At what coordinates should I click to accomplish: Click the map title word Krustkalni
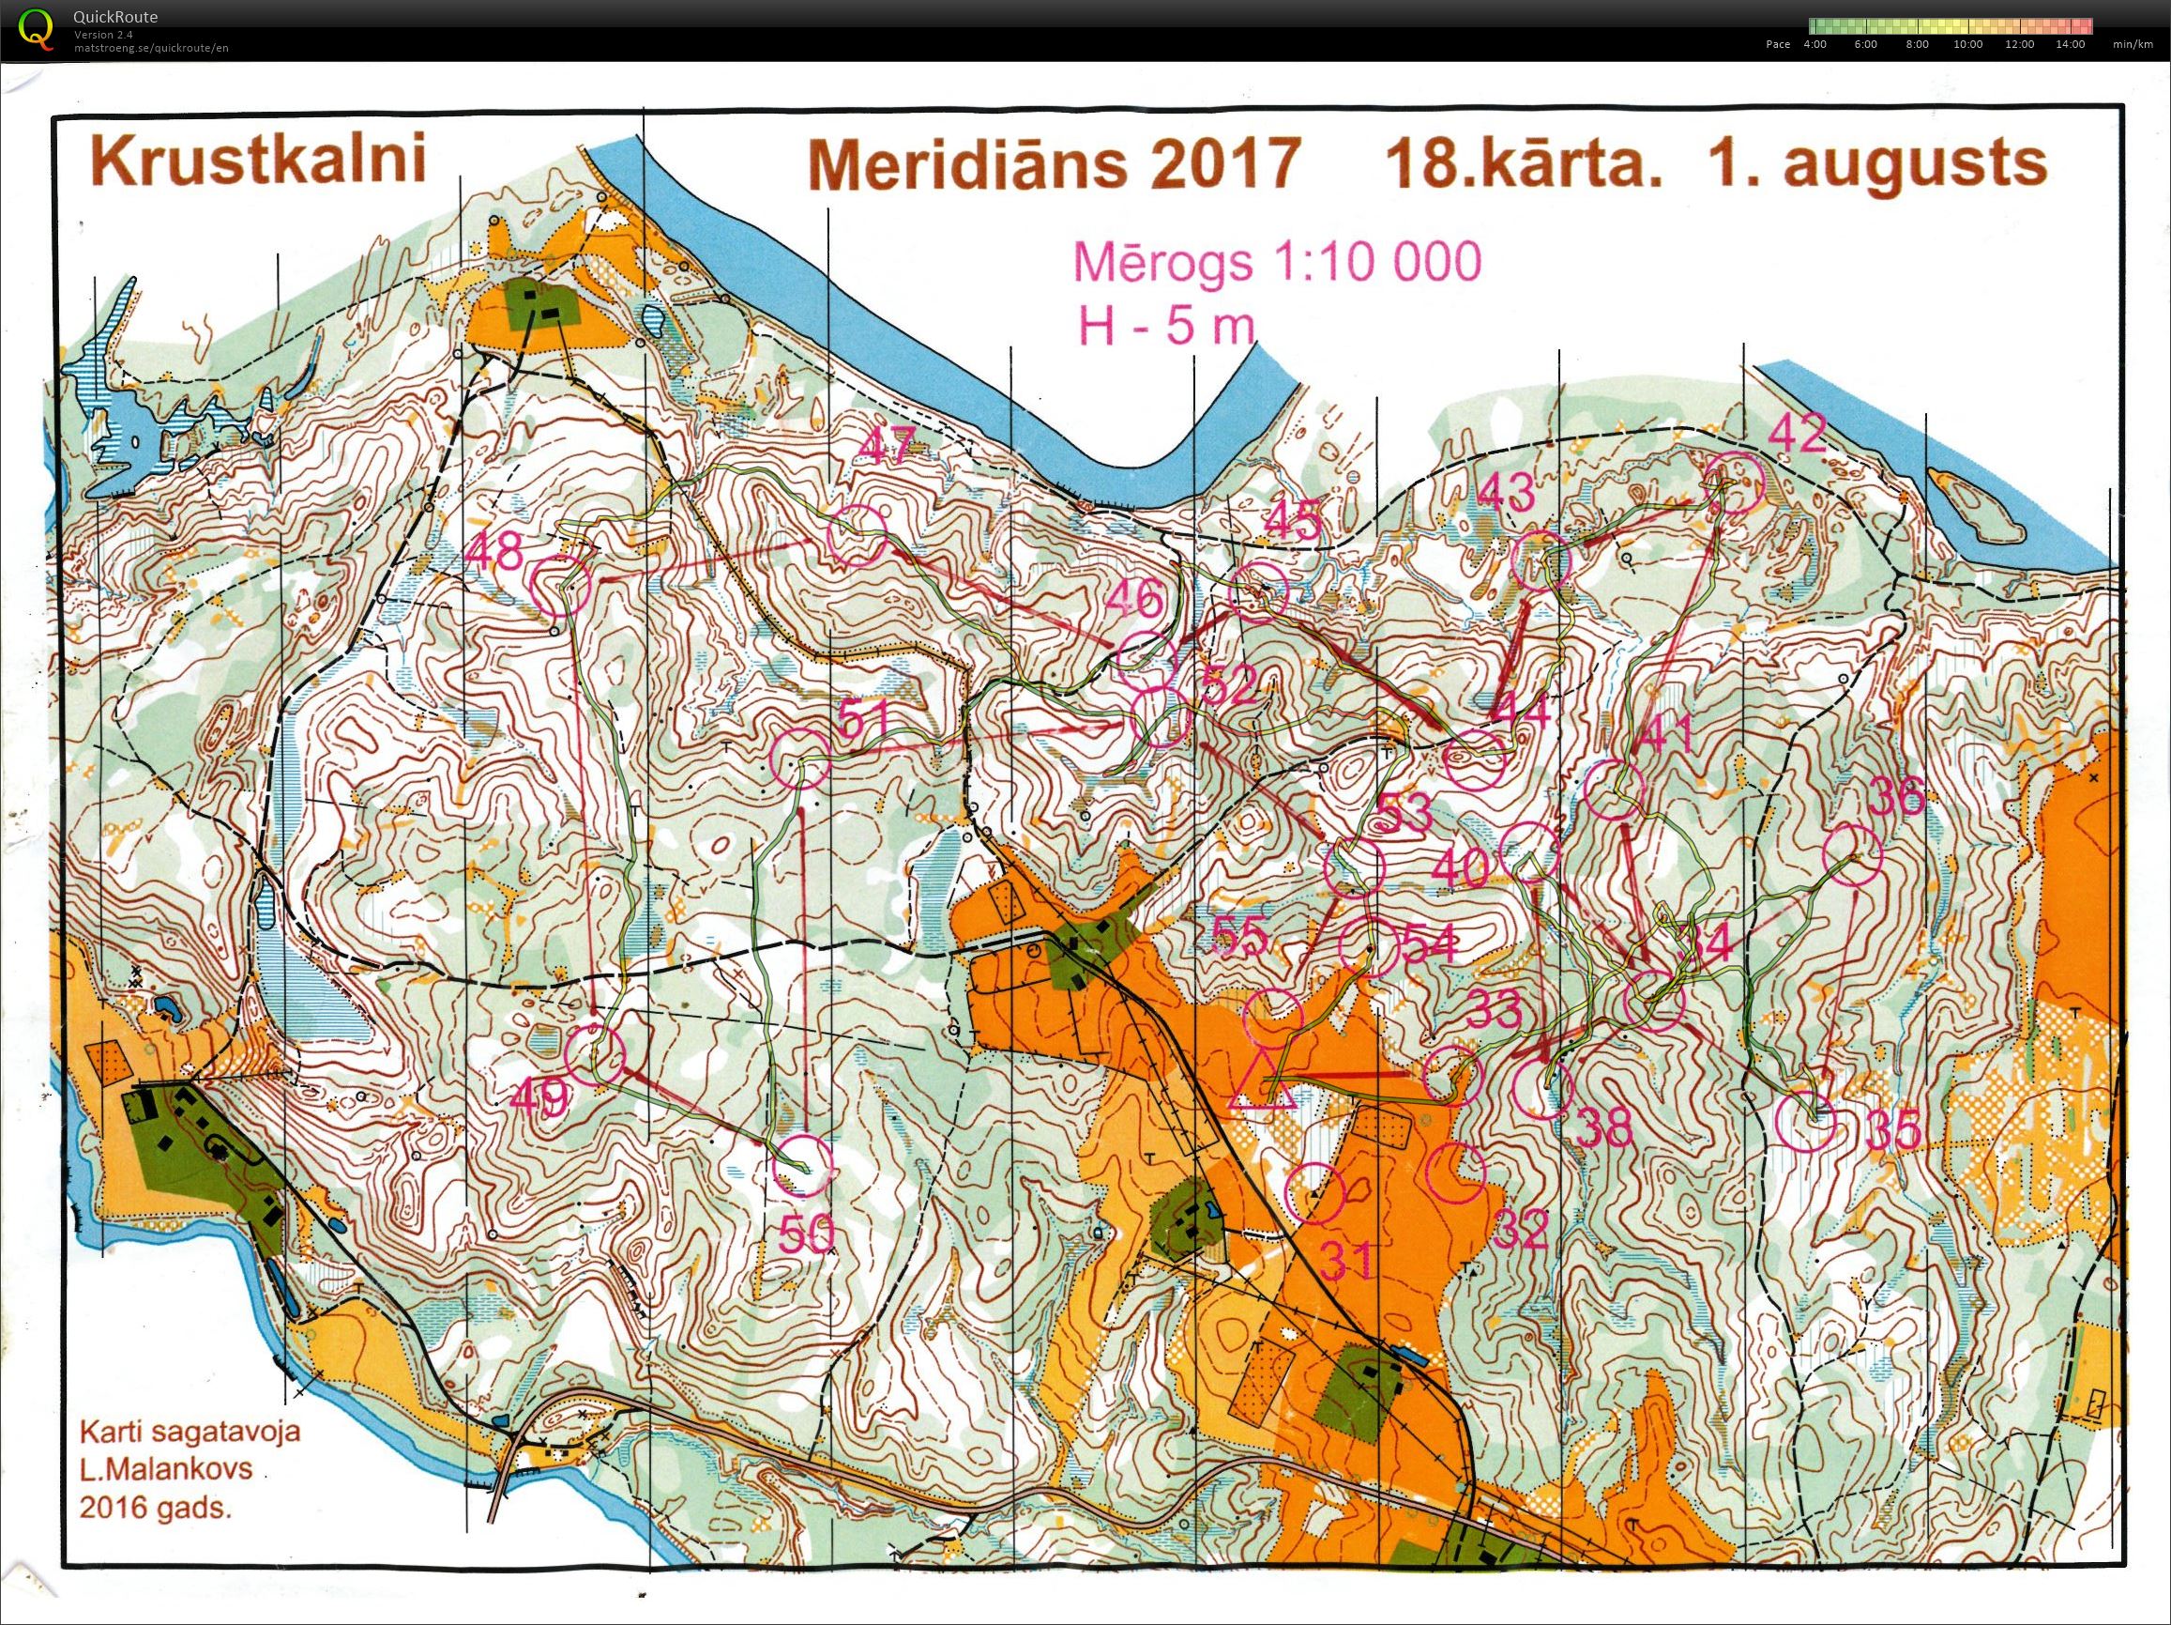pos(258,162)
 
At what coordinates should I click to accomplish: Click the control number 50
pos(807,1234)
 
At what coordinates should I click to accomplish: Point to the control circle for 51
pos(801,759)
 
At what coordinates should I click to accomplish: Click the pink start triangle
pos(1263,1082)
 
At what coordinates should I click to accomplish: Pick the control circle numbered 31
pos(1314,1192)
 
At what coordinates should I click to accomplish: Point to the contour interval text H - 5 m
pos(1167,325)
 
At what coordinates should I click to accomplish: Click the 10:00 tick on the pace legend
pos(1966,44)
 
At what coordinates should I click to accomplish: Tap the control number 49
pos(539,1097)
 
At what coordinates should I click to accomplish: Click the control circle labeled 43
pos(1542,560)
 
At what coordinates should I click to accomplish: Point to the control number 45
pos(1295,520)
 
